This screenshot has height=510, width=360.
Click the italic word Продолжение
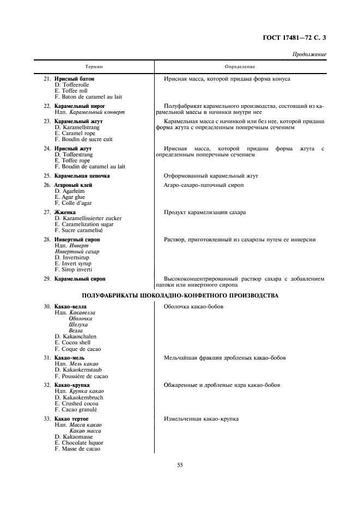click(x=309, y=54)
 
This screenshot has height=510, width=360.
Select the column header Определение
click(x=240, y=66)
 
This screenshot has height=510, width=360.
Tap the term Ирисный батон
click(x=75, y=79)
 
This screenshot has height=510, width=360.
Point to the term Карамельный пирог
click(x=80, y=106)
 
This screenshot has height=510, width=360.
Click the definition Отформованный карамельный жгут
click(x=210, y=176)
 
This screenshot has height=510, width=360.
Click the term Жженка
click(x=65, y=212)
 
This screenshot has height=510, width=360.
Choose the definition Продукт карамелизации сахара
click(x=205, y=212)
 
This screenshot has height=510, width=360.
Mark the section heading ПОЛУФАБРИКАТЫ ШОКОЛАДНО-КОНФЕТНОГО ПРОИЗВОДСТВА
click(x=180, y=295)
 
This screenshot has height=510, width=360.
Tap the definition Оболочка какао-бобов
click(x=193, y=307)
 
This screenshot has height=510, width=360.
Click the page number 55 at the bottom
click(x=180, y=465)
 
